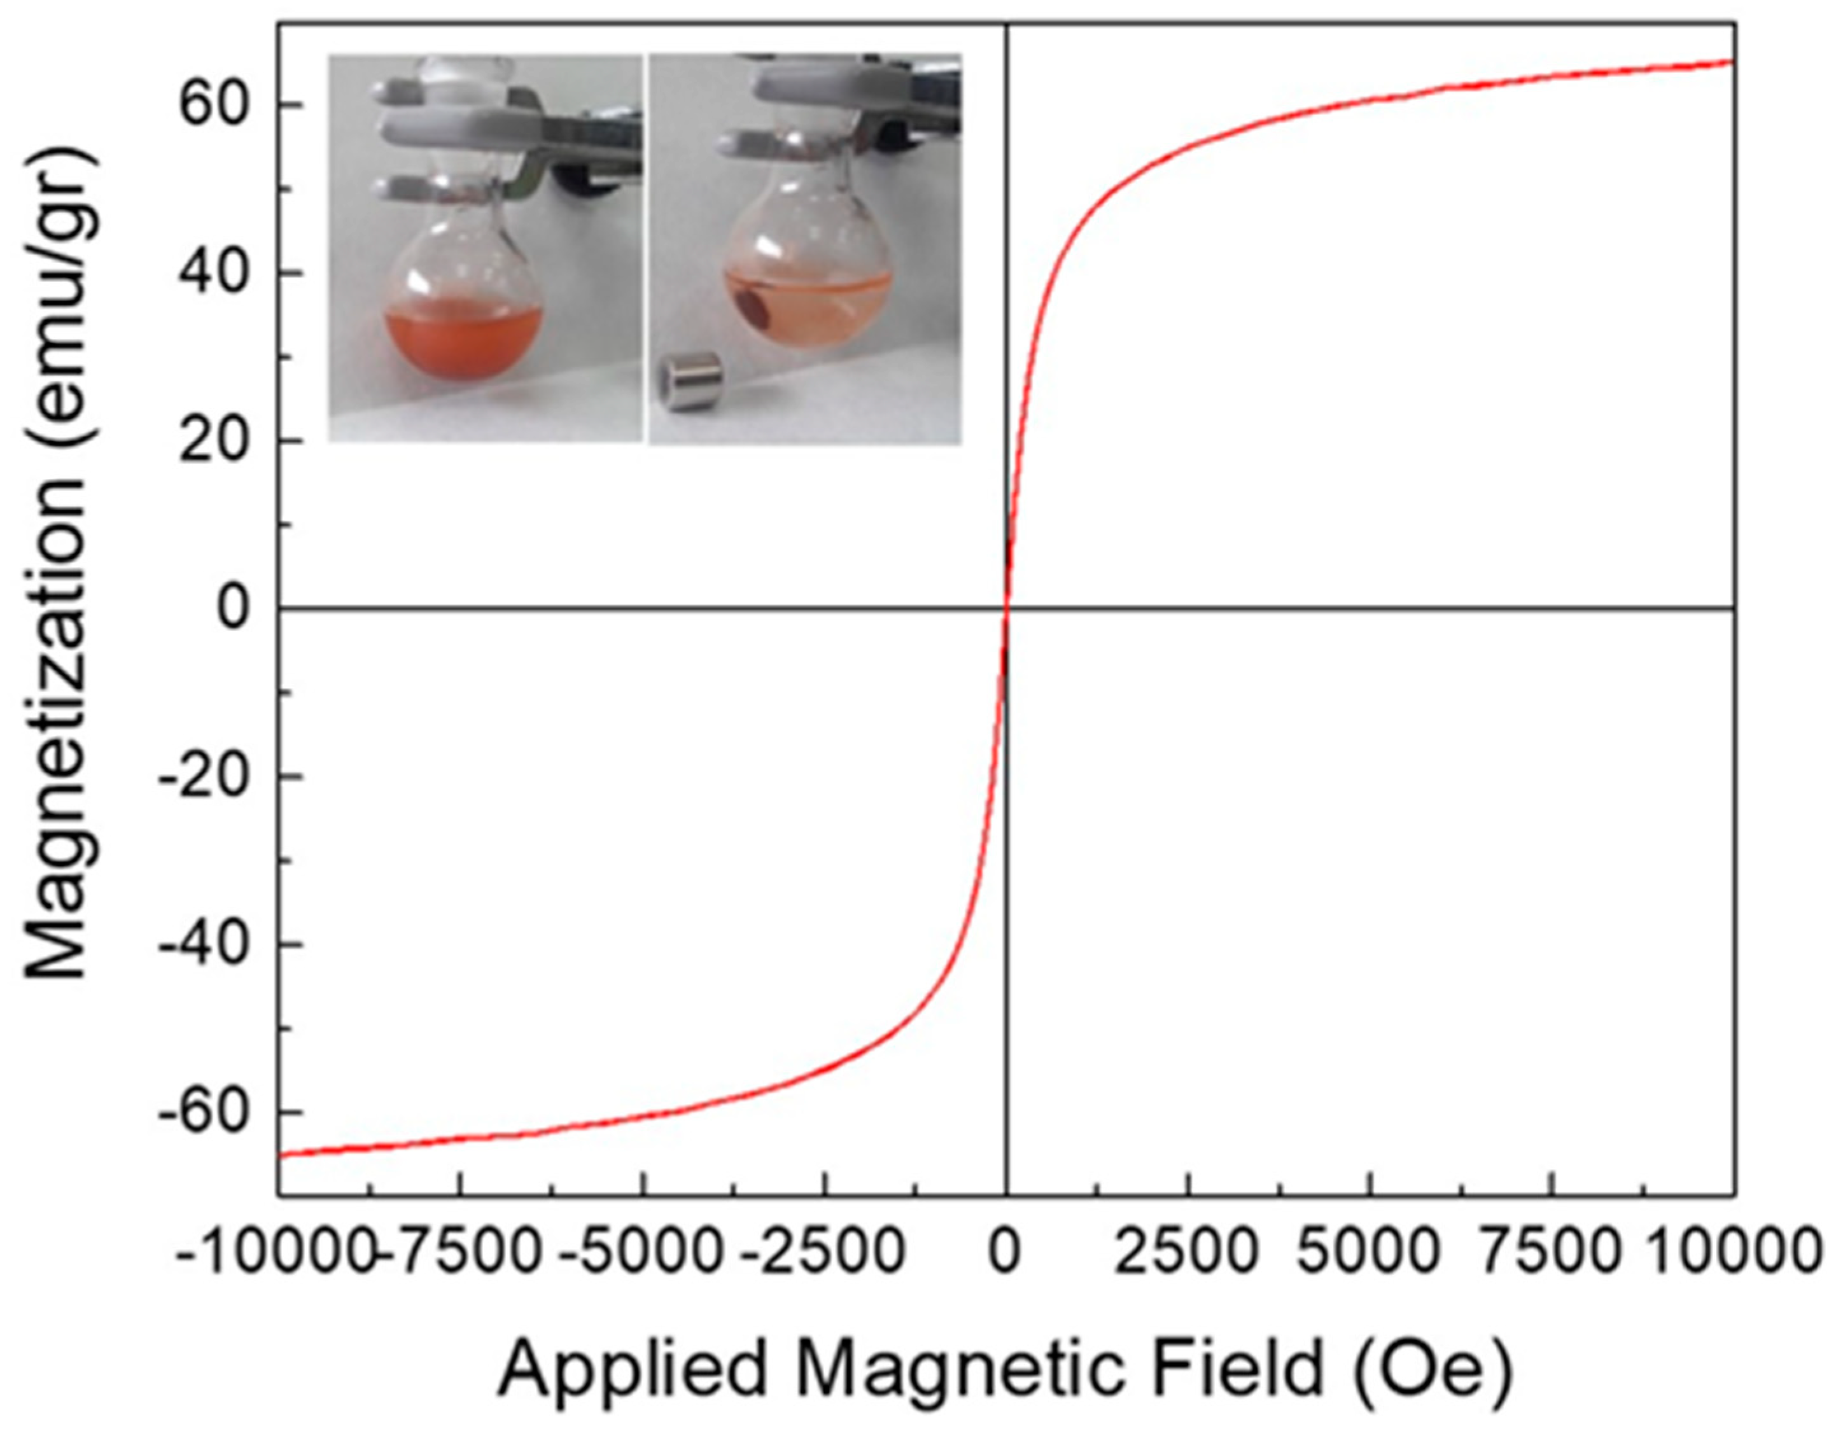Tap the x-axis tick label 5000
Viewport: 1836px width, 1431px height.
pyautogui.click(x=1370, y=1252)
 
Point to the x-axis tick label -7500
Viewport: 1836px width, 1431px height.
pyautogui.click(x=458, y=1252)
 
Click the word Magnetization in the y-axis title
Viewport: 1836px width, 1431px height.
pyautogui.click(x=59, y=731)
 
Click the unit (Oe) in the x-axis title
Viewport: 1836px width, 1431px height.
pyautogui.click(x=1433, y=1371)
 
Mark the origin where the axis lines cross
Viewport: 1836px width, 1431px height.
pyautogui.click(x=1006, y=608)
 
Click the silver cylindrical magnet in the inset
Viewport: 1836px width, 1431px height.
pyautogui.click(x=691, y=382)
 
